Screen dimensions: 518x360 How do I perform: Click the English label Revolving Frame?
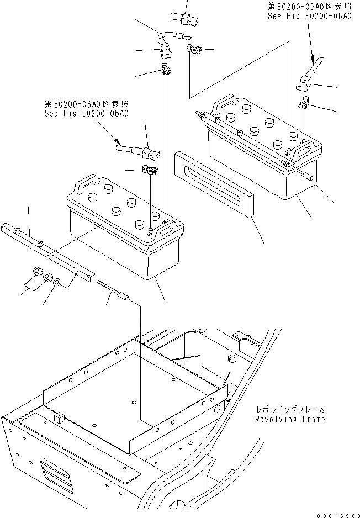290,419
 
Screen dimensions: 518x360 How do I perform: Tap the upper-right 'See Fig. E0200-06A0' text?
309,17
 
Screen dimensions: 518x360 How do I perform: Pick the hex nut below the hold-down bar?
35,271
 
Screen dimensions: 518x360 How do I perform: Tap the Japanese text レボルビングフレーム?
290,410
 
